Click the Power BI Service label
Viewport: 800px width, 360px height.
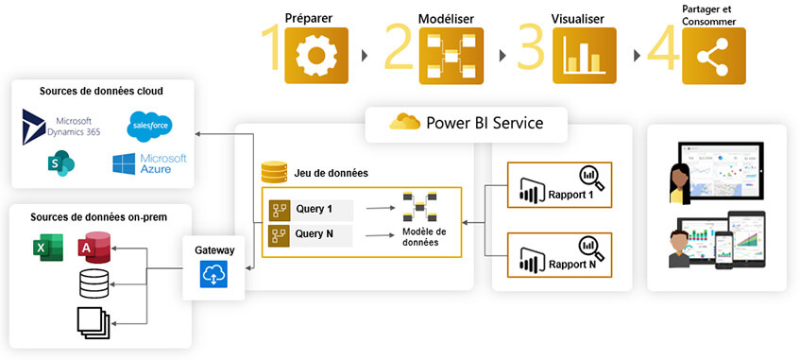(468, 123)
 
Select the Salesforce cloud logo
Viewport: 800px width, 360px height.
(151, 125)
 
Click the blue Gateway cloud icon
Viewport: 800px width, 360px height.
(213, 274)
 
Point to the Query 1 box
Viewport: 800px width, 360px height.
(311, 209)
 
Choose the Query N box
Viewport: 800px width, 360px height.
(311, 235)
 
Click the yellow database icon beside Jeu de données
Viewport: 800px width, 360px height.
(274, 173)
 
